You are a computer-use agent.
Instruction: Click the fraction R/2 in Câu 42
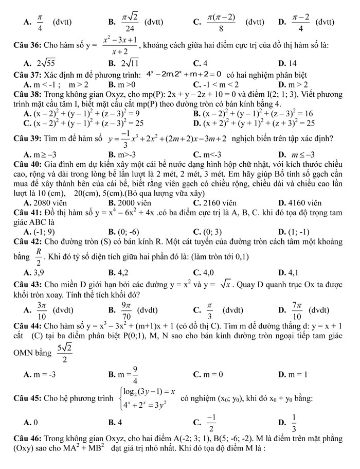coord(38,256)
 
